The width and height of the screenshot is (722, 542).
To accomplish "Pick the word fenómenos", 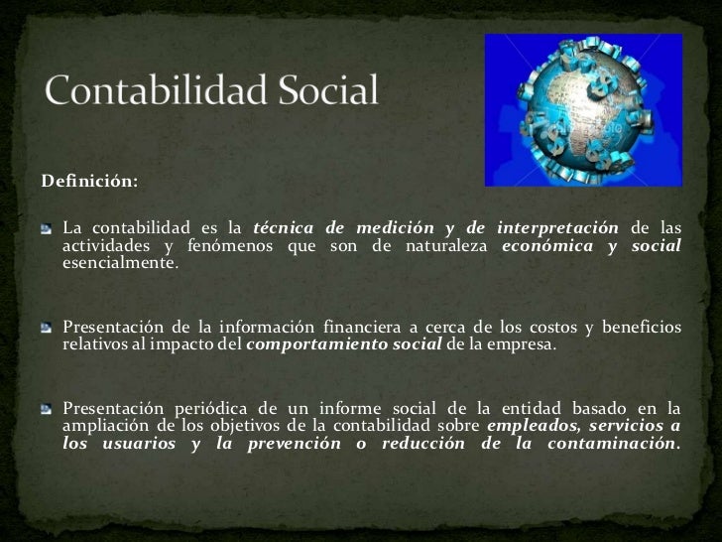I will tap(217, 247).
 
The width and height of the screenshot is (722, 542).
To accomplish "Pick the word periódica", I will tap(190, 408).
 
